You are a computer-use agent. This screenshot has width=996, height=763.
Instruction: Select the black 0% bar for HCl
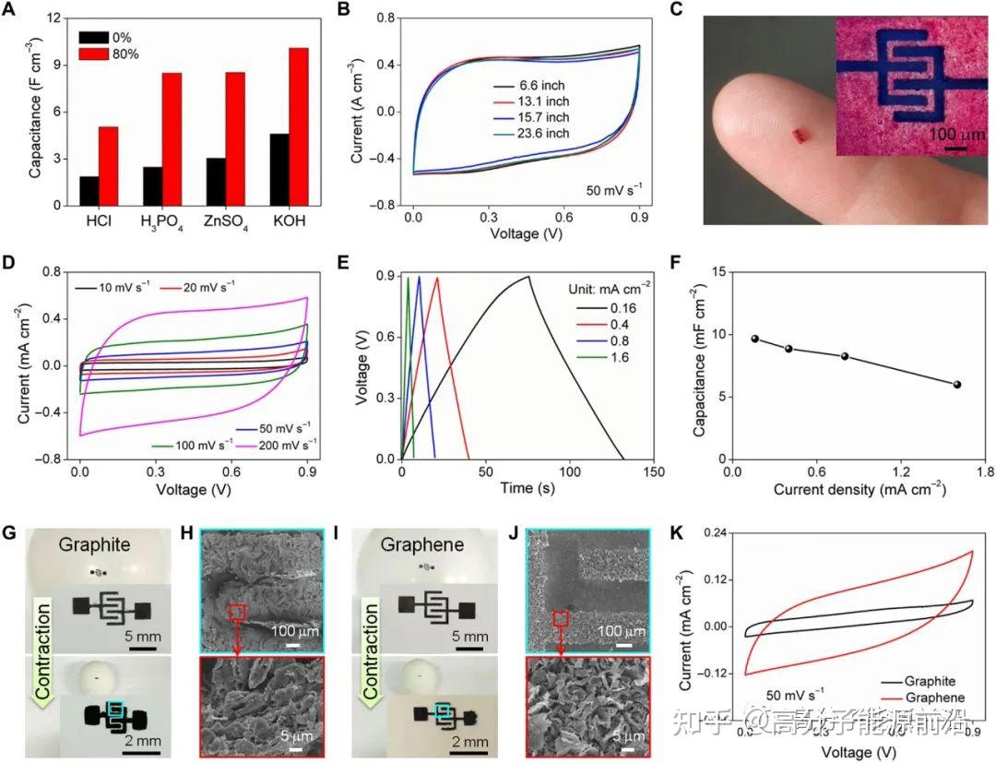[89, 191]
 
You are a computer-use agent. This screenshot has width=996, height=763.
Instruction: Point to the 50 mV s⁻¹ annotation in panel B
[614, 190]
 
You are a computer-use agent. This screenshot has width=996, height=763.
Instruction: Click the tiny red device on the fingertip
[801, 137]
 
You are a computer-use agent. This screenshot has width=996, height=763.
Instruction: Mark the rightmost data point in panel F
[956, 384]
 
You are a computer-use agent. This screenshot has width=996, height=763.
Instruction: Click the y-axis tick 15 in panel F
[717, 270]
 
